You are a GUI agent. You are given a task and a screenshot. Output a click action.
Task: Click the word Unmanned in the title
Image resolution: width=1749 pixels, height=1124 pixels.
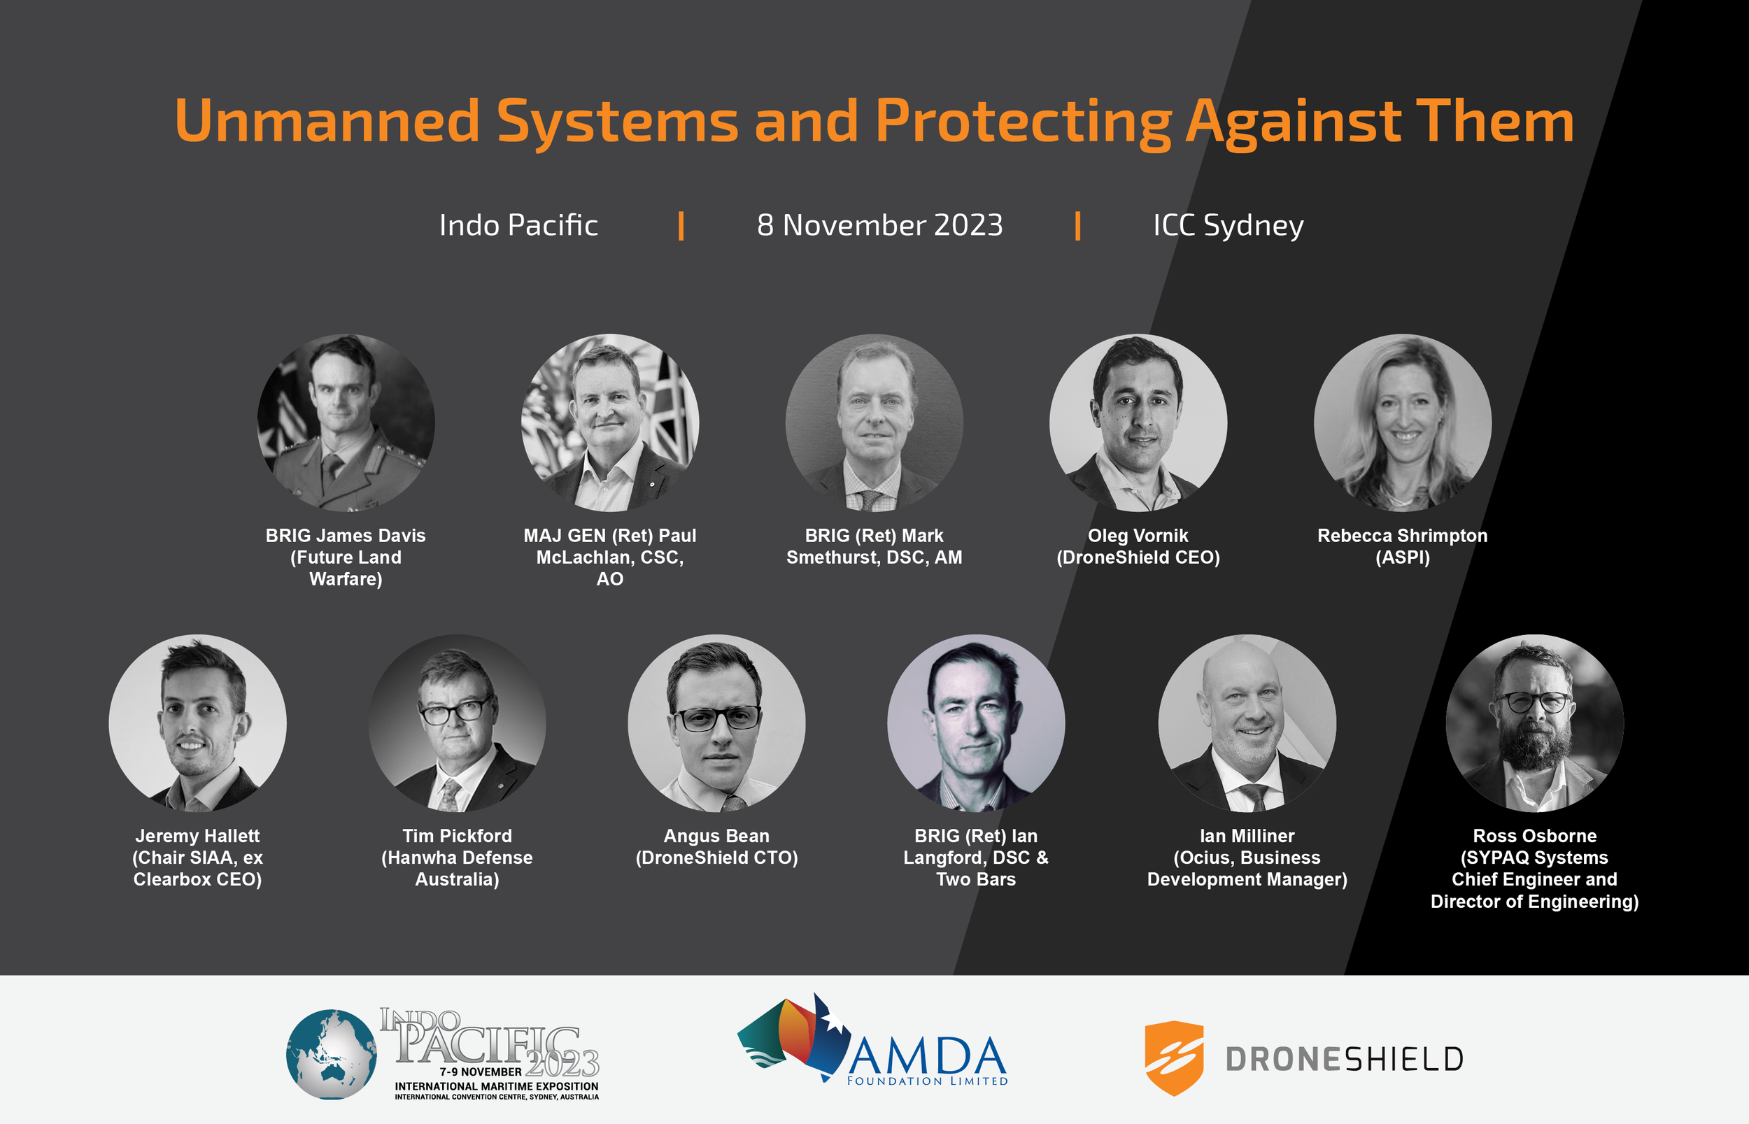[326, 120]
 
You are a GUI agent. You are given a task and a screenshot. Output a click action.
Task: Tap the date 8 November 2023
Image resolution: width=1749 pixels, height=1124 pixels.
[879, 225]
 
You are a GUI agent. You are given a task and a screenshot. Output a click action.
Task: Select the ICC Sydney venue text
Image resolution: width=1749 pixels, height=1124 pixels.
[1228, 225]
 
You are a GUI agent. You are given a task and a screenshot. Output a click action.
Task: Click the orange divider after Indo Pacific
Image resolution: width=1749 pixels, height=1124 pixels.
[681, 225]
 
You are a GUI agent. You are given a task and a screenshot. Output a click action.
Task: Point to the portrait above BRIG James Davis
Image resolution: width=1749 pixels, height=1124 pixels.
[346, 422]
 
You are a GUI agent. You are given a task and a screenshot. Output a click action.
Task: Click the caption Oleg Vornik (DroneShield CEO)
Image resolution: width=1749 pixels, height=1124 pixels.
[1138, 546]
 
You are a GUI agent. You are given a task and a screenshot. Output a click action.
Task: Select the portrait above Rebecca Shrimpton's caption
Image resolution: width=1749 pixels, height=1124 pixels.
[1402, 422]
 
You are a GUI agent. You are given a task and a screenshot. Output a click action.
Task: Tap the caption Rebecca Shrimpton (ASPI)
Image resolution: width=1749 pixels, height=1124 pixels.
[1402, 546]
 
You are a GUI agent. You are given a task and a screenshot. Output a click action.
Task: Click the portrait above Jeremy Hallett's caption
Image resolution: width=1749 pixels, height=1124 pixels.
[197, 723]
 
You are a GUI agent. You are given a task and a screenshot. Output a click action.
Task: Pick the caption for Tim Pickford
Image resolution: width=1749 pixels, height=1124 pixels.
[457, 857]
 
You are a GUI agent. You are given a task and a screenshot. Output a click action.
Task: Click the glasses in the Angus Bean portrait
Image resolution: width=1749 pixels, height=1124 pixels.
[718, 719]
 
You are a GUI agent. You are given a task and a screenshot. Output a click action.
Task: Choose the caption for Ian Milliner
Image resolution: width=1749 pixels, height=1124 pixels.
[1247, 857]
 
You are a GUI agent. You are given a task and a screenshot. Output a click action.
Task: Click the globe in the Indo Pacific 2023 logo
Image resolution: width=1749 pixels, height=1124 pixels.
[332, 1054]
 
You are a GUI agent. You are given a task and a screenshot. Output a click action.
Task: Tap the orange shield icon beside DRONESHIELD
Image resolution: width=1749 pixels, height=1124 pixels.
[1174, 1058]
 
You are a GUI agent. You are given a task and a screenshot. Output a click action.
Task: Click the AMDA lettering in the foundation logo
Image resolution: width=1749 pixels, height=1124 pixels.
[927, 1055]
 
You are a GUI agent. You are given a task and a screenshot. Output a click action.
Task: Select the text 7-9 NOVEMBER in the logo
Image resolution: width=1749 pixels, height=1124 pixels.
[481, 1072]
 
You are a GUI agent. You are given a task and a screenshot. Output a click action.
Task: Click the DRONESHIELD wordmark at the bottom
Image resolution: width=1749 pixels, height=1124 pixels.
[1345, 1059]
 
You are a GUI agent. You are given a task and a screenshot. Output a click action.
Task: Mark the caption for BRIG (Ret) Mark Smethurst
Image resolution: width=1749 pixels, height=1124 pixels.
[874, 546]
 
